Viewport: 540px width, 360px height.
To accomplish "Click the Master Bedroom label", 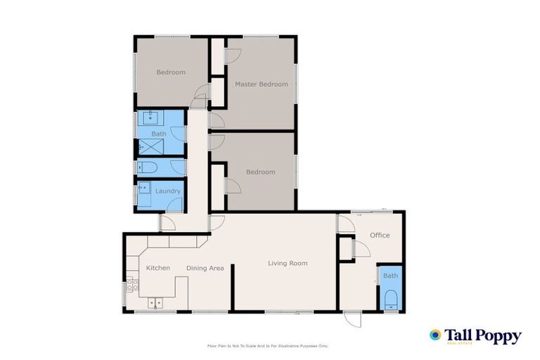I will tap(261, 84).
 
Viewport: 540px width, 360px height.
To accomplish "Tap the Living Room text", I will tap(288, 264).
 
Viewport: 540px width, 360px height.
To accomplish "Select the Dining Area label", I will tap(205, 268).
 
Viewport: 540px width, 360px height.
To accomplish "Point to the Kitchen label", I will tap(158, 268).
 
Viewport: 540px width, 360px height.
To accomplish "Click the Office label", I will tap(380, 236).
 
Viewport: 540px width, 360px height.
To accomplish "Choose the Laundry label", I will tap(167, 191).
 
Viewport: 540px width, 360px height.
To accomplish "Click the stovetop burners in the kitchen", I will tap(131, 285).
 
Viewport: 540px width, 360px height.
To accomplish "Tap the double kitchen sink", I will tap(155, 302).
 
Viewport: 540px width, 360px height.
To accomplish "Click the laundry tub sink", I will tap(143, 188).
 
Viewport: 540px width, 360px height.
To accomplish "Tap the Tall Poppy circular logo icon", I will tap(435, 335).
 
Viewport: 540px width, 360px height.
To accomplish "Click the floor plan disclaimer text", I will tap(268, 346).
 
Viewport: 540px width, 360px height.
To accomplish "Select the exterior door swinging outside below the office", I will tap(352, 319).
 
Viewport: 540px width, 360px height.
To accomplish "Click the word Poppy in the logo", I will tap(496, 335).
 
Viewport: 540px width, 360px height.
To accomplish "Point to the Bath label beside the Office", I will tap(390, 276).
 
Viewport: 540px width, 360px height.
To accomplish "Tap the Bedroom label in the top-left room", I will tap(171, 72).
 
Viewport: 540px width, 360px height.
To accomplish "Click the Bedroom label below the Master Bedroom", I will tap(260, 172).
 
